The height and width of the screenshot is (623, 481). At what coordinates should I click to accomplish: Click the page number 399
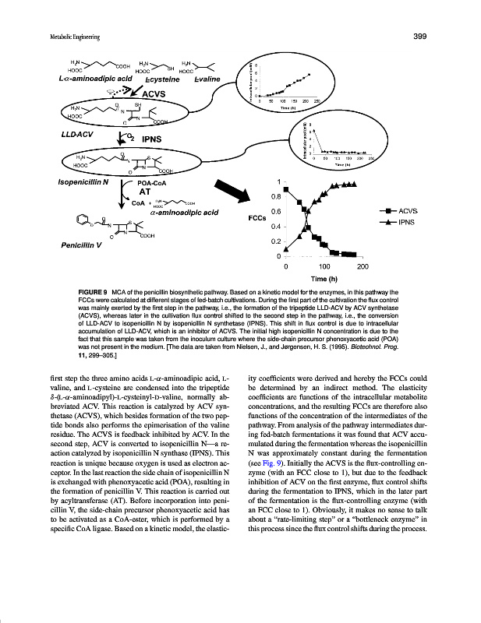pyautogui.click(x=417, y=35)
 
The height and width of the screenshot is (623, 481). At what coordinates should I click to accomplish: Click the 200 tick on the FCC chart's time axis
pyautogui.click(x=363, y=266)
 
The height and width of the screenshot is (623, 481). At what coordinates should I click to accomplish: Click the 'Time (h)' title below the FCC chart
pyautogui.click(x=324, y=278)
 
